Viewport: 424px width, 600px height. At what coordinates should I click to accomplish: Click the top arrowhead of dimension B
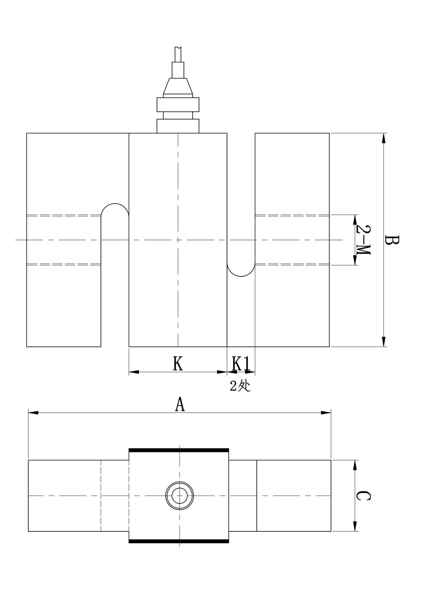click(383, 138)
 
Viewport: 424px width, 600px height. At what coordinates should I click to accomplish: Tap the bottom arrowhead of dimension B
click(383, 341)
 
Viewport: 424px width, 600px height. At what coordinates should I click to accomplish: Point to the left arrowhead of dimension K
click(134, 372)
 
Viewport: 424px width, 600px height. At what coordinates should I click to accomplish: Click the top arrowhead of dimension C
click(354, 465)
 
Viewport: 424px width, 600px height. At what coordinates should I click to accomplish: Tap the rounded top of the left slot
click(115, 204)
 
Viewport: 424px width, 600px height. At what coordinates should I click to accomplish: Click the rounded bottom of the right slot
click(241, 276)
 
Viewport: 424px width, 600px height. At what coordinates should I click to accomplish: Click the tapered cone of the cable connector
click(178, 86)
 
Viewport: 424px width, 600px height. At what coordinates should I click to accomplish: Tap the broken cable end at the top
click(178, 54)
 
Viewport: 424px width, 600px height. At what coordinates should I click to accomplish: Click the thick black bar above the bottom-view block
click(179, 450)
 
